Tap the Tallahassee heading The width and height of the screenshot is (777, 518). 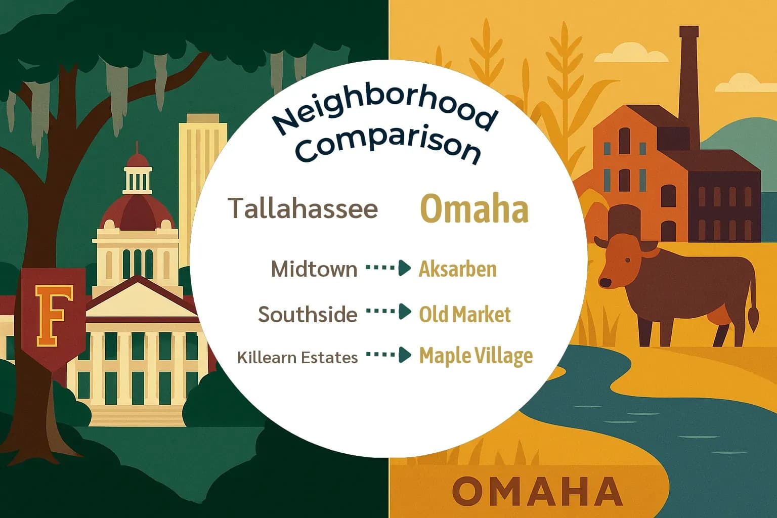303,208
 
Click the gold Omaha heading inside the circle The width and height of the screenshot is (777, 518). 474,209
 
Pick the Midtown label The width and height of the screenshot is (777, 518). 314,269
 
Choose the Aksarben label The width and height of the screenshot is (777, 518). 457,269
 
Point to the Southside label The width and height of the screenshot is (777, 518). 308,314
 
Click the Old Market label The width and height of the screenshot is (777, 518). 464,314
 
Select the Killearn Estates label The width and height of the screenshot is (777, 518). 297,357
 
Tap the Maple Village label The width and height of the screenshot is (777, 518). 476,356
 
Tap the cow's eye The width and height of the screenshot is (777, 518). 628,260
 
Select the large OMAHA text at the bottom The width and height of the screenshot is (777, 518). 537,491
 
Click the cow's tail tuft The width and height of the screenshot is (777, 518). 753,319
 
